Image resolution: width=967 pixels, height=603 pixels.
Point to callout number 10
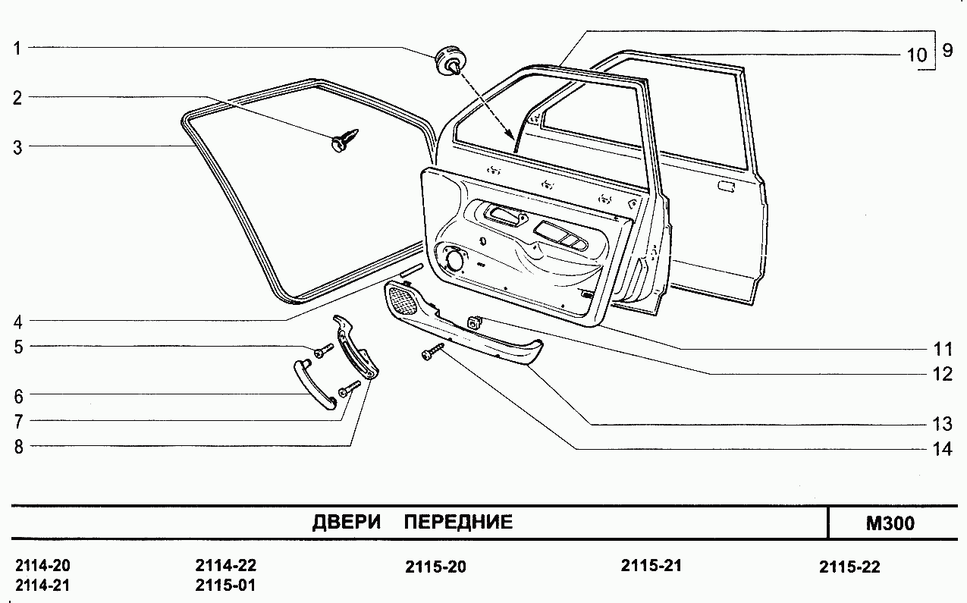(916, 55)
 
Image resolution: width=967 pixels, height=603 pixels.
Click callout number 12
(942, 374)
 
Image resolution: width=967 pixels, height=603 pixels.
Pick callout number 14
(942, 449)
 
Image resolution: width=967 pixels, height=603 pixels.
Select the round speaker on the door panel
(455, 259)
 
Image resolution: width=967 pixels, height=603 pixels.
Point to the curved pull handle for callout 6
(313, 384)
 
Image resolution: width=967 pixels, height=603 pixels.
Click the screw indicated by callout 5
(324, 350)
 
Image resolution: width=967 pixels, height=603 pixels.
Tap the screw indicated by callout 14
(432, 351)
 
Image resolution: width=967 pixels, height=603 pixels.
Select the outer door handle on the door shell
(726, 186)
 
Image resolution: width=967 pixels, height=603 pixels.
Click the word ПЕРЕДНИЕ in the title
(458, 522)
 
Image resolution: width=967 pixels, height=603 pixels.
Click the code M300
(889, 523)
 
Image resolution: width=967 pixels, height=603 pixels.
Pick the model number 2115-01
(225, 586)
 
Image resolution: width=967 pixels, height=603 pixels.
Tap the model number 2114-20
(42, 567)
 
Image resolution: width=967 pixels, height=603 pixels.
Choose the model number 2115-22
(849, 567)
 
